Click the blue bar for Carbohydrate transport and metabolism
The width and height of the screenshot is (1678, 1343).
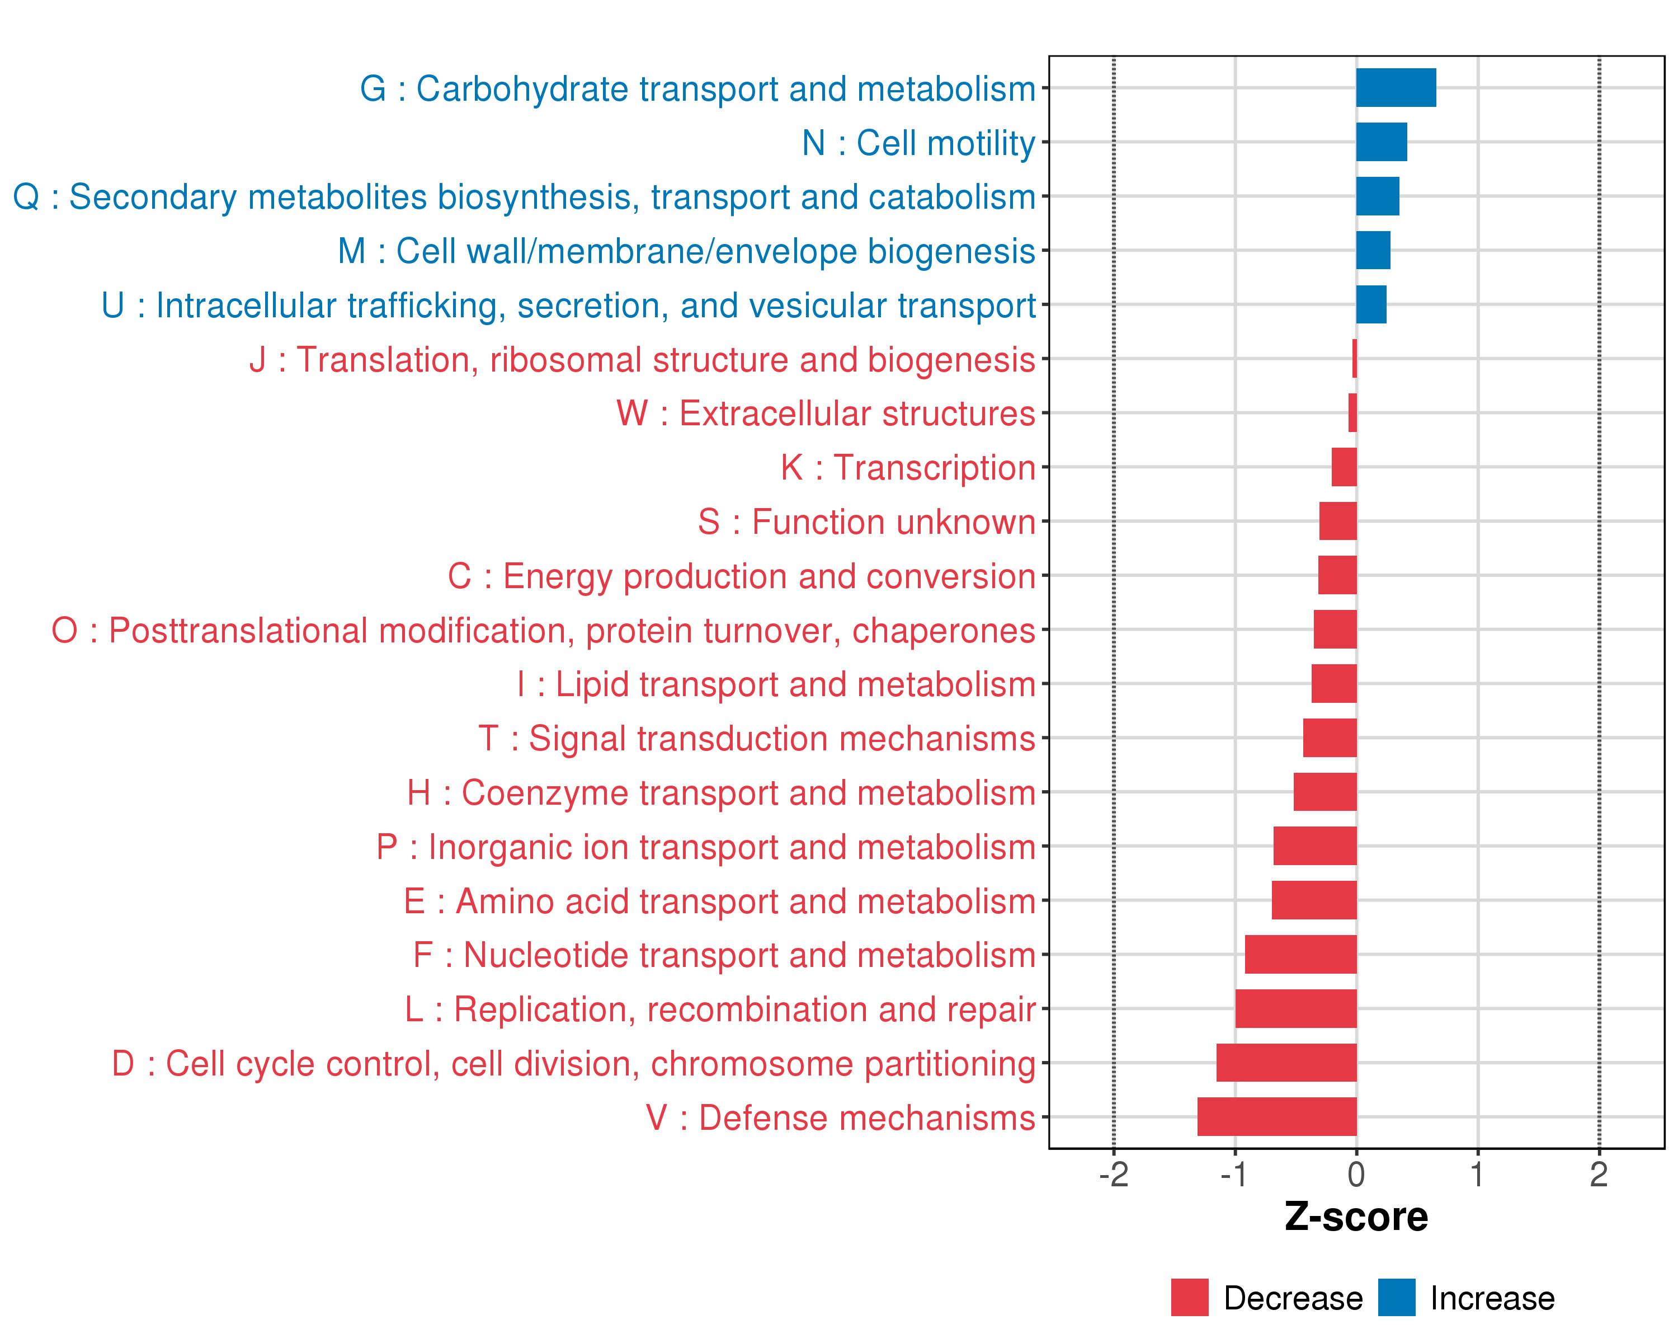tap(1396, 87)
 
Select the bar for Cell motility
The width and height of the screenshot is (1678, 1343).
tap(1382, 142)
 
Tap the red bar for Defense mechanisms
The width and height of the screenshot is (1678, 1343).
tap(1276, 1116)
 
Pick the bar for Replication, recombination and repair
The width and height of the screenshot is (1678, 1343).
tap(1296, 1008)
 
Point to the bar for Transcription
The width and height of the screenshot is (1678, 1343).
tap(1344, 467)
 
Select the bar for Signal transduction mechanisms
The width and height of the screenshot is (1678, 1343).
tap(1330, 738)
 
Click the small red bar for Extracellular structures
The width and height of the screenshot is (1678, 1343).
tap(1352, 412)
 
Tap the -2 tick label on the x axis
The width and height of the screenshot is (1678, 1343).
tap(1113, 1175)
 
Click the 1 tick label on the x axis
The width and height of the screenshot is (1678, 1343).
tap(1477, 1175)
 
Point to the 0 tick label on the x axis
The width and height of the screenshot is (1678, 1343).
tap(1356, 1175)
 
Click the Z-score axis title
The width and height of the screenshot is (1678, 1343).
tap(1356, 1217)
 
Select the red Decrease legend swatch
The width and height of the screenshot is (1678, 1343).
tap(1189, 1298)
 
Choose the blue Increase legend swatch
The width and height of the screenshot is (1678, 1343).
tap(1396, 1298)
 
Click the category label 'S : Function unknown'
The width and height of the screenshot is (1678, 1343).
tap(866, 522)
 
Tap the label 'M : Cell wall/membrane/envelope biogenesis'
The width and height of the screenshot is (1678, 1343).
tap(686, 251)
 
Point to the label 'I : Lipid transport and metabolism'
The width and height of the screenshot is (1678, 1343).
tap(776, 684)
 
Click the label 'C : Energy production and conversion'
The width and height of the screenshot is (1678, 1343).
tap(741, 576)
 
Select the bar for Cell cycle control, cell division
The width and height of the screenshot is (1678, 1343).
tap(1286, 1063)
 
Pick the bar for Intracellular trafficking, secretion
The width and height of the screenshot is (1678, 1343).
tap(1371, 304)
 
